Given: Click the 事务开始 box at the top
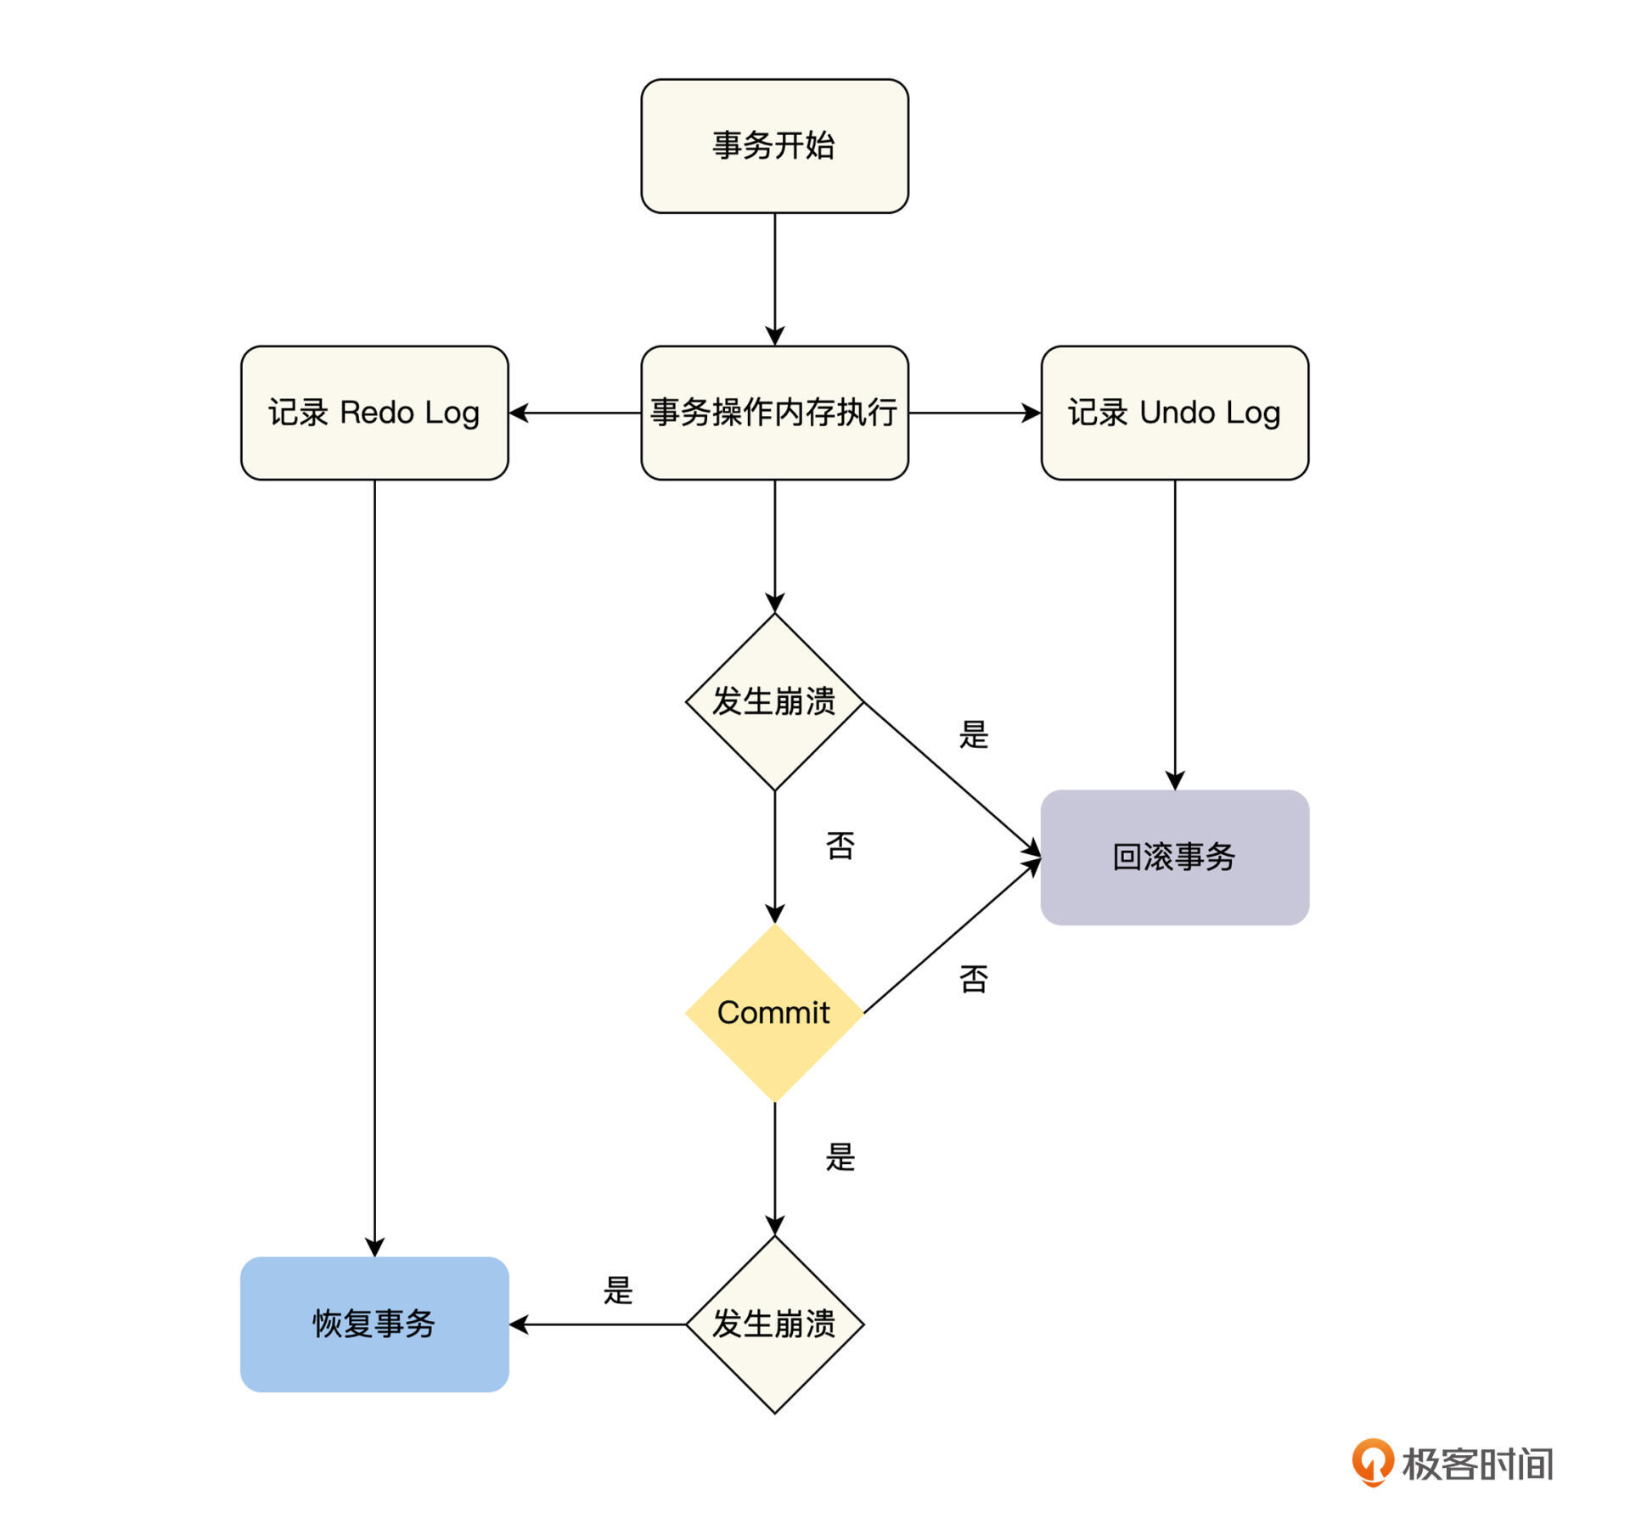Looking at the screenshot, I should [774, 146].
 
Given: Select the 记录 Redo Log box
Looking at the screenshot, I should [374, 413].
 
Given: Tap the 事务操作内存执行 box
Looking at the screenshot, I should [774, 413].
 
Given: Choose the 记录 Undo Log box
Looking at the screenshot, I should [1174, 413].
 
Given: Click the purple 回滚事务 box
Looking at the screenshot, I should [1174, 857].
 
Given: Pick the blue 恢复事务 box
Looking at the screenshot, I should [374, 1324].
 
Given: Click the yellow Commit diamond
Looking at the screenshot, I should [774, 1013].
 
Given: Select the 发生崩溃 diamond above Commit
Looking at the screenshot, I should [774, 702].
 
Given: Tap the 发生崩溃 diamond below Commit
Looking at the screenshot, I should [774, 1324].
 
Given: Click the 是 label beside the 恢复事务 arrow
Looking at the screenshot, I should [618, 1290].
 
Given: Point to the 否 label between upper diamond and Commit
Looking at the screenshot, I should [840, 846].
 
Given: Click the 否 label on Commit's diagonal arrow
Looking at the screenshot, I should [974, 979].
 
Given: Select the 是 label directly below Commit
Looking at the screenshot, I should [840, 1157].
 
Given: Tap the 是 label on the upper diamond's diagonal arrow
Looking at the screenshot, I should [974, 734].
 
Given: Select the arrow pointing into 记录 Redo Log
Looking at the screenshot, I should [575, 413].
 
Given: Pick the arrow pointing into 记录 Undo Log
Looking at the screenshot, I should [975, 413].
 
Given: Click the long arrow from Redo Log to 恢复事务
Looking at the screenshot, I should [374, 866].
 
